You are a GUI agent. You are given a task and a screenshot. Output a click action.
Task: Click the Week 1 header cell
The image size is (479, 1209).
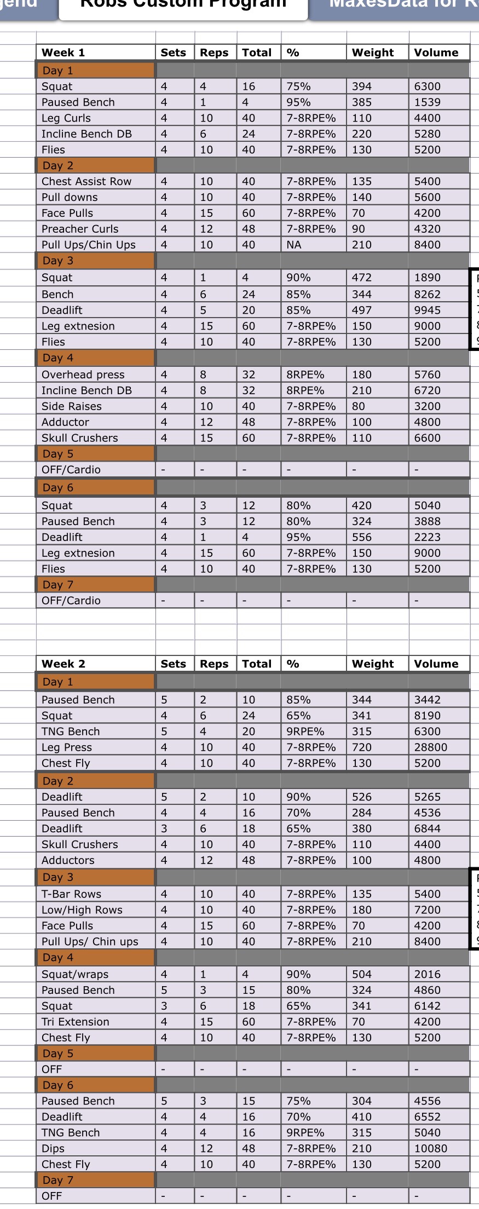pyautogui.click(x=63, y=53)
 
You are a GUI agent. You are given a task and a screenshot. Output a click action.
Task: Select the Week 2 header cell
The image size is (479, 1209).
pyautogui.click(x=63, y=664)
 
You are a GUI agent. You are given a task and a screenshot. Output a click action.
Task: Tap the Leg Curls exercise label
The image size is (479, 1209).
pyautogui.click(x=66, y=118)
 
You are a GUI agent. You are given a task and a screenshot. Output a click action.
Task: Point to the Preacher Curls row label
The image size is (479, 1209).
pyautogui.click(x=80, y=229)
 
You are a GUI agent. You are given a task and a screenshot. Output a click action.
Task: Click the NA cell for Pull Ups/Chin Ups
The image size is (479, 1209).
pyautogui.click(x=294, y=245)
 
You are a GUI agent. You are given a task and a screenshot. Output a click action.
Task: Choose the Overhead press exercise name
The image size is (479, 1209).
pyautogui.click(x=83, y=375)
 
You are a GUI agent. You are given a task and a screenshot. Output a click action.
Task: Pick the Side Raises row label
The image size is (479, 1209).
pyautogui.click(x=72, y=406)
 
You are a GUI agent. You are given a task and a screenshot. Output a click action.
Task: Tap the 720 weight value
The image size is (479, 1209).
pyautogui.click(x=362, y=747)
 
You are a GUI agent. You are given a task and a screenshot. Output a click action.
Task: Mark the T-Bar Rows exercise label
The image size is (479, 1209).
pyautogui.click(x=72, y=894)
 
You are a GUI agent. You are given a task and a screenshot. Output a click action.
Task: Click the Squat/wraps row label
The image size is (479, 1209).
pyautogui.click(x=75, y=974)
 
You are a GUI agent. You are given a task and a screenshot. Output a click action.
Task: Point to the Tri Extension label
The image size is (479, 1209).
pyautogui.click(x=76, y=1022)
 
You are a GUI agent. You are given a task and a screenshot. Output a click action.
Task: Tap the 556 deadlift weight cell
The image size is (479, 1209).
pyautogui.click(x=362, y=537)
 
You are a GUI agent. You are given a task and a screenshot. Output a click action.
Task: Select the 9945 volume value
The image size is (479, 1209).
pyautogui.click(x=427, y=310)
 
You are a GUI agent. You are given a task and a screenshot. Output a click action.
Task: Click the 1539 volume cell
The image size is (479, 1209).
pyautogui.click(x=427, y=102)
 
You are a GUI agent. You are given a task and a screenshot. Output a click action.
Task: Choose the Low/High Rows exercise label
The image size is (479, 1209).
pyautogui.click(x=82, y=910)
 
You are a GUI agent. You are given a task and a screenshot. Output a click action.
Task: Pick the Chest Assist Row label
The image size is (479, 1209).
pyautogui.click(x=86, y=181)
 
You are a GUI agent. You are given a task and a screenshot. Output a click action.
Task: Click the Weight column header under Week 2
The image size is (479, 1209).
pyautogui.click(x=373, y=664)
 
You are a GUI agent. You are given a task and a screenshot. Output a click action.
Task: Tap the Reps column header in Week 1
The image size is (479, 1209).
pyautogui.click(x=214, y=53)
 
